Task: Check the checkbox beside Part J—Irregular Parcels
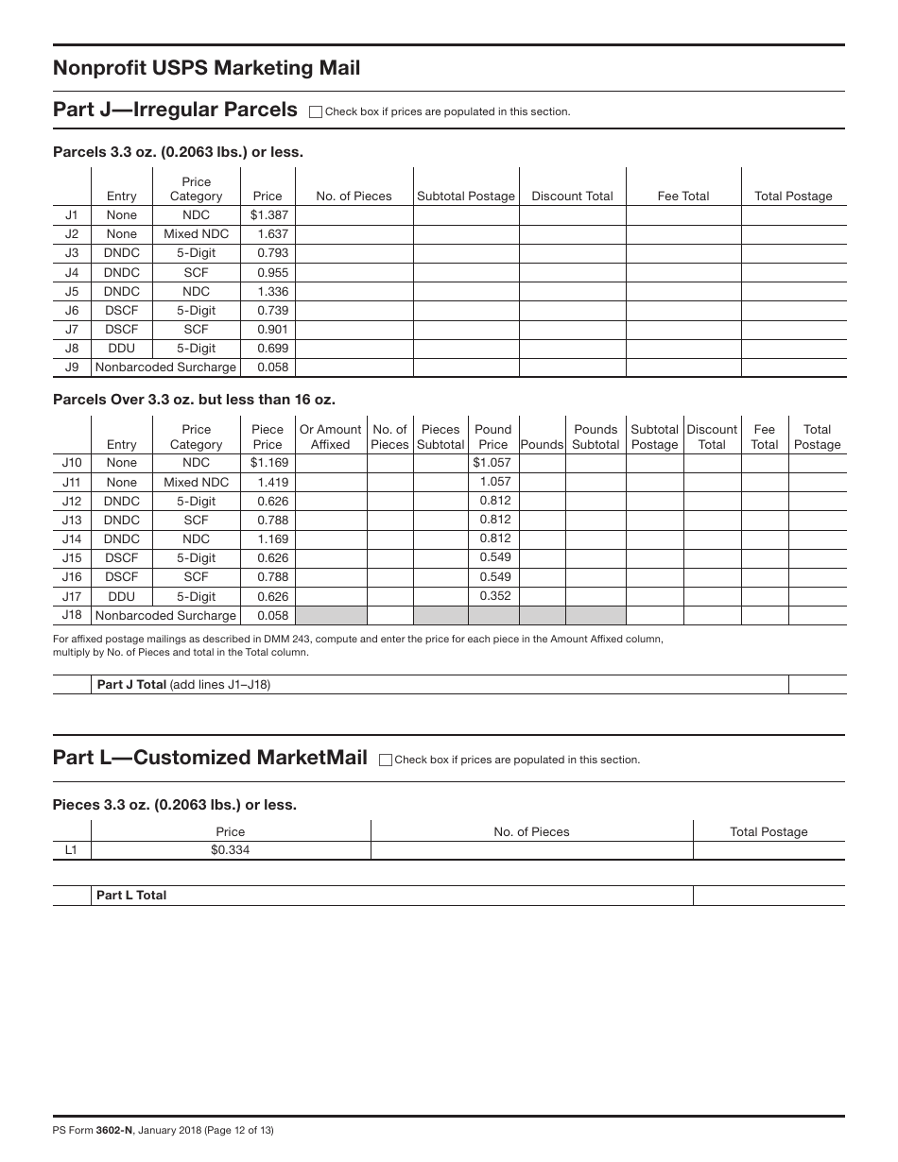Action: [x=316, y=111]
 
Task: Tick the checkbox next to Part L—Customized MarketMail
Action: [x=385, y=760]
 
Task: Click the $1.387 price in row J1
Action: [x=268, y=215]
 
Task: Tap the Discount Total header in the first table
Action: [x=572, y=197]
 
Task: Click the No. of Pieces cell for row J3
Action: [x=354, y=253]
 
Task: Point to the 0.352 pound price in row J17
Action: [x=494, y=596]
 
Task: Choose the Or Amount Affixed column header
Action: [x=330, y=436]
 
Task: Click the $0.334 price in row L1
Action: [x=231, y=850]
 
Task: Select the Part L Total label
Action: [x=131, y=896]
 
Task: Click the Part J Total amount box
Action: [x=816, y=685]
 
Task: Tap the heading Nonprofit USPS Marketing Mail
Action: [x=206, y=68]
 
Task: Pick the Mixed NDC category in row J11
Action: [x=196, y=482]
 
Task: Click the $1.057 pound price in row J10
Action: [x=492, y=463]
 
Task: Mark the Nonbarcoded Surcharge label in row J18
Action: [x=165, y=616]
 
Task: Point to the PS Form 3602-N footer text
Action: [x=164, y=1130]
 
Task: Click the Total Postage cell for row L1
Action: [x=768, y=850]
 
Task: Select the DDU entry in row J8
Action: [x=121, y=348]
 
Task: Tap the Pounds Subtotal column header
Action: [x=596, y=436]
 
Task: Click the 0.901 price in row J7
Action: [x=272, y=329]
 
